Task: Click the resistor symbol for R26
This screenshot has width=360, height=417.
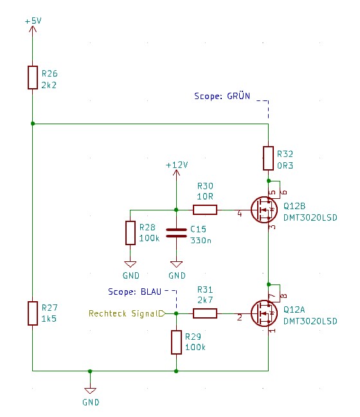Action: [33, 77]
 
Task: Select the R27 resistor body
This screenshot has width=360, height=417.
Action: [33, 313]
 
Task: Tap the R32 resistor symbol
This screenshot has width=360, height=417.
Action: [268, 158]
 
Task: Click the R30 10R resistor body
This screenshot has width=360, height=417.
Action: [205, 210]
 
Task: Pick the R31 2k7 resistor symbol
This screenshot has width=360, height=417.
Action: [205, 313]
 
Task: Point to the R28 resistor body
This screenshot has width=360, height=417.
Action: [130, 233]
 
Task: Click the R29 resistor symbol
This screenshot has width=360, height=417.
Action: [176, 342]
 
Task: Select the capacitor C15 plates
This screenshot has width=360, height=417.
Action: [176, 233]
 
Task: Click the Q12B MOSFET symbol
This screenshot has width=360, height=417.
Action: [264, 210]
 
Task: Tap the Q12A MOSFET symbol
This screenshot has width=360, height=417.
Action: [264, 313]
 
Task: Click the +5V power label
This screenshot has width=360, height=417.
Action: [33, 21]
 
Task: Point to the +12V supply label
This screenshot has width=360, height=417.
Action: [177, 165]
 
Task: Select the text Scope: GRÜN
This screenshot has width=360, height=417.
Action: [222, 96]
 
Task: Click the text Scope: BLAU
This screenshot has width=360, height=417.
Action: [135, 292]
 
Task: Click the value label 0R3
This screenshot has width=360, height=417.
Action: [285, 165]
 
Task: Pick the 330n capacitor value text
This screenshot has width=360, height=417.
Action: [201, 241]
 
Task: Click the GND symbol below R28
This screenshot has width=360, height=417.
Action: [130, 264]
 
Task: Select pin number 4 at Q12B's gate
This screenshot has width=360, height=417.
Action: [239, 214]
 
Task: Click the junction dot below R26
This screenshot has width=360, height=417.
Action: [33, 124]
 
